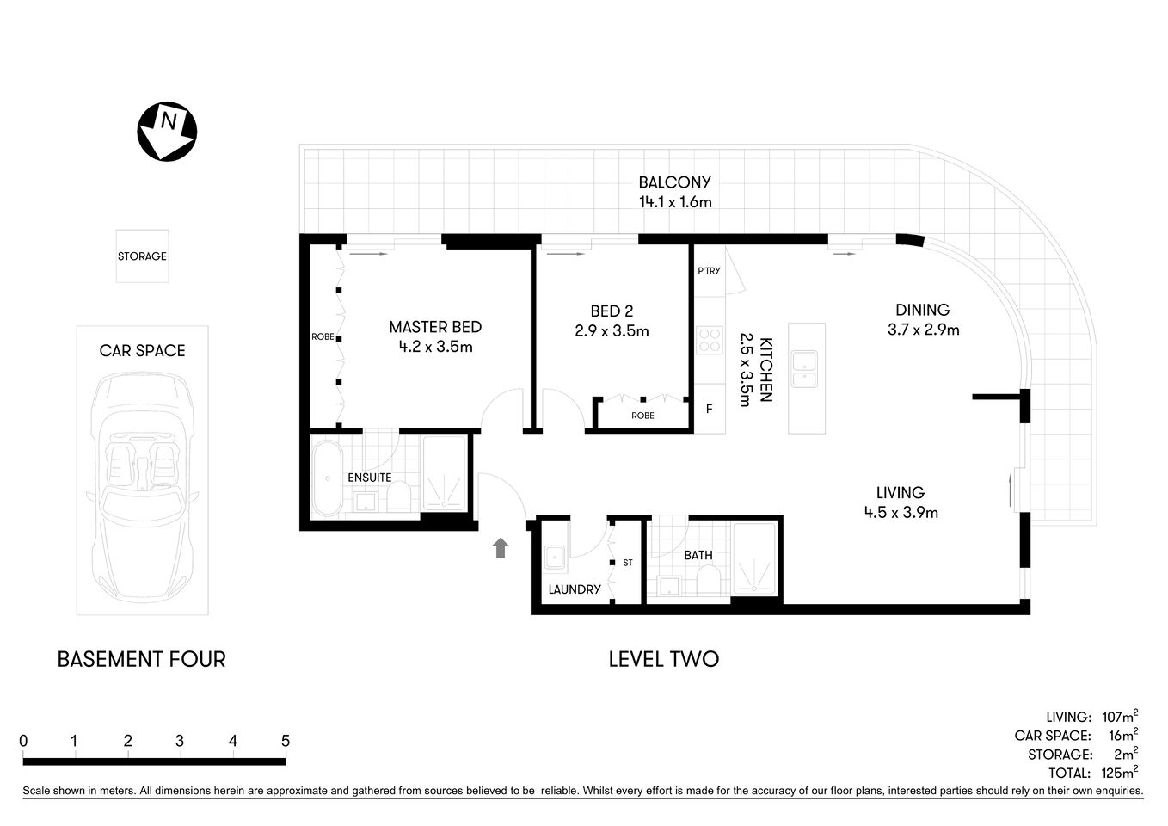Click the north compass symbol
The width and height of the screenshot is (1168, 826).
pos(168,131)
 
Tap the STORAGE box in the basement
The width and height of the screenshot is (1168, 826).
pos(143,256)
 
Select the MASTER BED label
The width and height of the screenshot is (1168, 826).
pos(435,327)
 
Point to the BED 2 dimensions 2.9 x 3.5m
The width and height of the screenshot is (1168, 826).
pos(612,330)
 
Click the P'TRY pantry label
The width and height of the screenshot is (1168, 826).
pos(709,271)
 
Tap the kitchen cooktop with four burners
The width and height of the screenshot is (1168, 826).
pos(710,340)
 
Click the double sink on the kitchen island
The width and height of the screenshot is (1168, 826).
pos(806,368)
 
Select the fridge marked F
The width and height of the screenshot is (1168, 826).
pos(710,409)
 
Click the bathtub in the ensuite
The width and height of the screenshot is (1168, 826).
pos(327,478)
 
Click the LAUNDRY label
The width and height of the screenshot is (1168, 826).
pos(575,589)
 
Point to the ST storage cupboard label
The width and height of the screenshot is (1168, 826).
pos(628,563)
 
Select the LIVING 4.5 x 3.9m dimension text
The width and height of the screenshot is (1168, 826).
pos(901,513)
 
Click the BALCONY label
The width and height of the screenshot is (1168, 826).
pos(674,182)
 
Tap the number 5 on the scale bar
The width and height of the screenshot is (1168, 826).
pos(286,741)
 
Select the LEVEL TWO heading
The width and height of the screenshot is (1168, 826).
pos(663,659)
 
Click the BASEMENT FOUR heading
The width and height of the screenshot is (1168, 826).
pos(141,659)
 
